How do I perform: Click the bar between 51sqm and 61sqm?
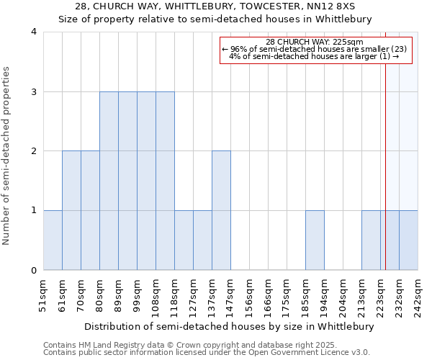pyautogui.click(x=53, y=240)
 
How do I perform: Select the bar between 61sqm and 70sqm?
pyautogui.click(x=71, y=210)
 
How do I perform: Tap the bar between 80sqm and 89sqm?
pyautogui.click(x=109, y=181)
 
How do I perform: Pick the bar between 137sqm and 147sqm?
pyautogui.click(x=221, y=210)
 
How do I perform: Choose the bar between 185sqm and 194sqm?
pyautogui.click(x=315, y=240)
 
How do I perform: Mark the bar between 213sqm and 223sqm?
pyautogui.click(x=371, y=240)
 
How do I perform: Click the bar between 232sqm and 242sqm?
pyautogui.click(x=408, y=240)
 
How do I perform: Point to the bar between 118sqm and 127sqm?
pyautogui.click(x=184, y=240)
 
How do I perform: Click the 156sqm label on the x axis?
pyautogui.click(x=250, y=295)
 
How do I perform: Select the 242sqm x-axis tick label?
pyautogui.click(x=418, y=295)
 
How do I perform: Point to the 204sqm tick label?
pyautogui.click(x=343, y=295)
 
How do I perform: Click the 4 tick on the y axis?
pyautogui.click(x=34, y=32)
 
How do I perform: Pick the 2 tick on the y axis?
pyautogui.click(x=34, y=151)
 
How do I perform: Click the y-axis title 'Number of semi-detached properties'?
pyautogui.click(x=7, y=156)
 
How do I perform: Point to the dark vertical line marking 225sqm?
pyautogui.click(x=385, y=144)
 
